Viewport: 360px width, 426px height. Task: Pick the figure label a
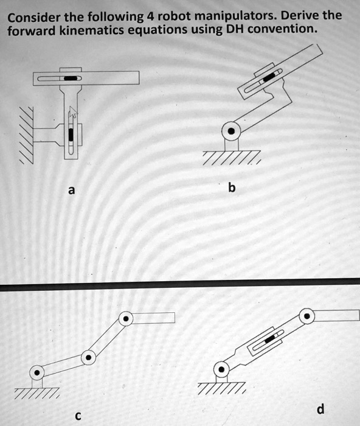71,190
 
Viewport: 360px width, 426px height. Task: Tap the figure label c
77,416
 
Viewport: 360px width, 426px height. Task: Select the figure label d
320,407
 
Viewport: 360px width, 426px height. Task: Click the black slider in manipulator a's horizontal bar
71,79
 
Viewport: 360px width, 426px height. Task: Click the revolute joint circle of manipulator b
230,130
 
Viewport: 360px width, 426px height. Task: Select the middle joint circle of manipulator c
89,357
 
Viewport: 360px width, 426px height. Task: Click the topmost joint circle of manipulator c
125,318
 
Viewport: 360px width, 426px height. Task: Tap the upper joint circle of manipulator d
308,316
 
